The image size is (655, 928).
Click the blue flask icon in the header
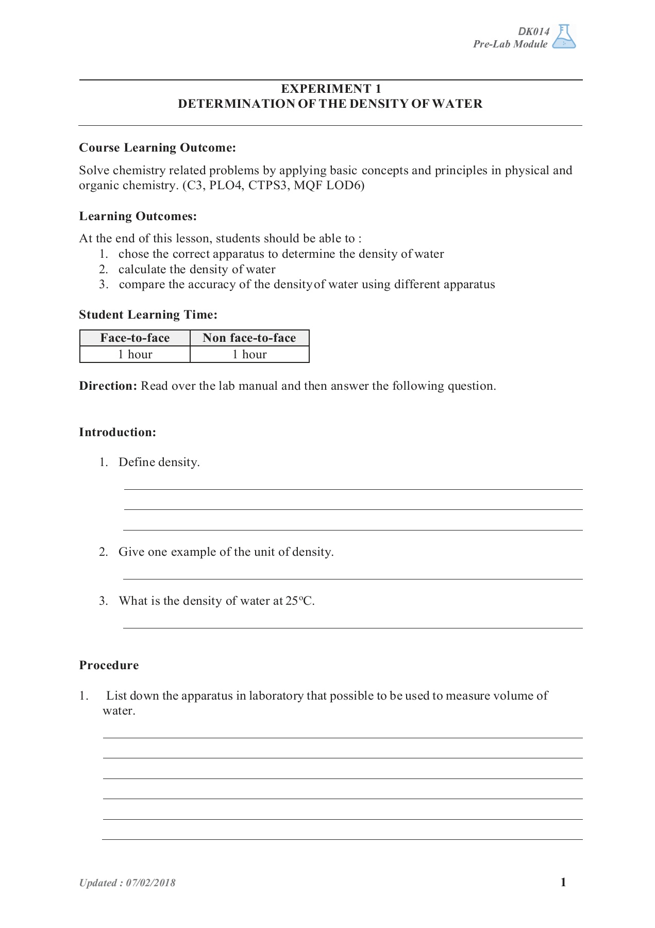click(564, 37)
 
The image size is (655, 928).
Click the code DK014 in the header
click(533, 31)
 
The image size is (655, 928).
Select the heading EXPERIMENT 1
click(330, 89)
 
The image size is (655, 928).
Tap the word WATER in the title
click(457, 104)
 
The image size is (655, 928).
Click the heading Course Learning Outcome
click(157, 148)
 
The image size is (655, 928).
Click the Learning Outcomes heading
click(138, 217)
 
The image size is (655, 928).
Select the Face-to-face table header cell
click(135, 338)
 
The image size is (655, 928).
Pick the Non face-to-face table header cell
click(249, 338)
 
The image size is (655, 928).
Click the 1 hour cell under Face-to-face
click(135, 355)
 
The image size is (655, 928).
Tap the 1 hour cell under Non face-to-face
click(249, 355)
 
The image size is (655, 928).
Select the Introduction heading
click(117, 433)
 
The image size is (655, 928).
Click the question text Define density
click(159, 462)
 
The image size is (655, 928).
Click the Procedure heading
click(109, 666)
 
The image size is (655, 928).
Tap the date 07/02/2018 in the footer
click(150, 883)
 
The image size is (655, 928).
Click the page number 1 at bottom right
click(563, 883)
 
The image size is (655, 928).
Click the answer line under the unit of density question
click(353, 579)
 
